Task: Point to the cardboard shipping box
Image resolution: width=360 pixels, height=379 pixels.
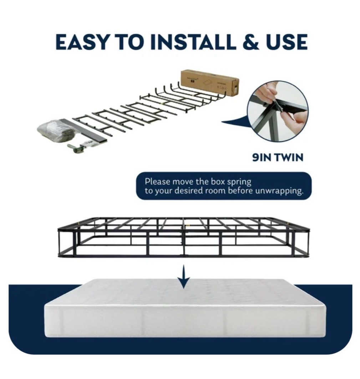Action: pyautogui.click(x=209, y=82)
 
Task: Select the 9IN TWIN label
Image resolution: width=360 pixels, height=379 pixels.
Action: pyautogui.click(x=277, y=157)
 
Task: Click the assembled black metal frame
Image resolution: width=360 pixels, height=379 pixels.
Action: pyautogui.click(x=183, y=237)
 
